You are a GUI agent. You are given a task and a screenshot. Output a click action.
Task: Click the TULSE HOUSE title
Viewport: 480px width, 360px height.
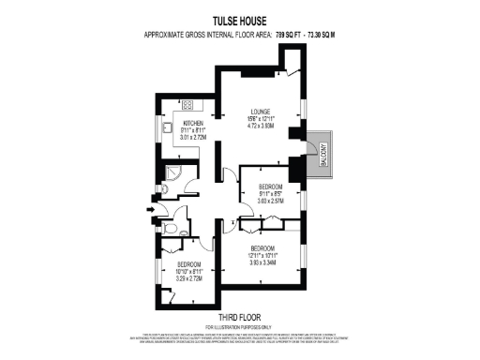[239, 22]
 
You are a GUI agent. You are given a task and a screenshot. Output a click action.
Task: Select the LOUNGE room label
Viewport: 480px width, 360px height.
[262, 109]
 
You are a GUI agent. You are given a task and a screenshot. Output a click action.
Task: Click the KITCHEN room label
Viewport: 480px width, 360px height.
[194, 124]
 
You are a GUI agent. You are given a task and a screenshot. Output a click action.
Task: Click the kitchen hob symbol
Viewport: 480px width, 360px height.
[186, 104]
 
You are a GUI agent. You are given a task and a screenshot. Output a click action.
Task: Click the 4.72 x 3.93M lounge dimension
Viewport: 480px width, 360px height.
[262, 125]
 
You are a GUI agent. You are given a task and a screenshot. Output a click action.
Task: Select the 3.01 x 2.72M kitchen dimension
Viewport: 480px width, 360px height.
[194, 139]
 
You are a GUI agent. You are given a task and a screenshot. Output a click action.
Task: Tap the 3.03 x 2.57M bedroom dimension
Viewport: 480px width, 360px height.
[270, 200]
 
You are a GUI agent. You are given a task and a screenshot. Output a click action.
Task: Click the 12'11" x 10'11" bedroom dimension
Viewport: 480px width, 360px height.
[262, 255]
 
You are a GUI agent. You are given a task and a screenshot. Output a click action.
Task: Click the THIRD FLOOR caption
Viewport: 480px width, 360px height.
[239, 318]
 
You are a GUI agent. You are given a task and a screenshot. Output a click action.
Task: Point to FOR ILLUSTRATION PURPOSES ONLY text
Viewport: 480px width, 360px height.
[239, 326]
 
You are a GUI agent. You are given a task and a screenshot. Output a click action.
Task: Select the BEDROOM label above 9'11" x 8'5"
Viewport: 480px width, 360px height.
[270, 186]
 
